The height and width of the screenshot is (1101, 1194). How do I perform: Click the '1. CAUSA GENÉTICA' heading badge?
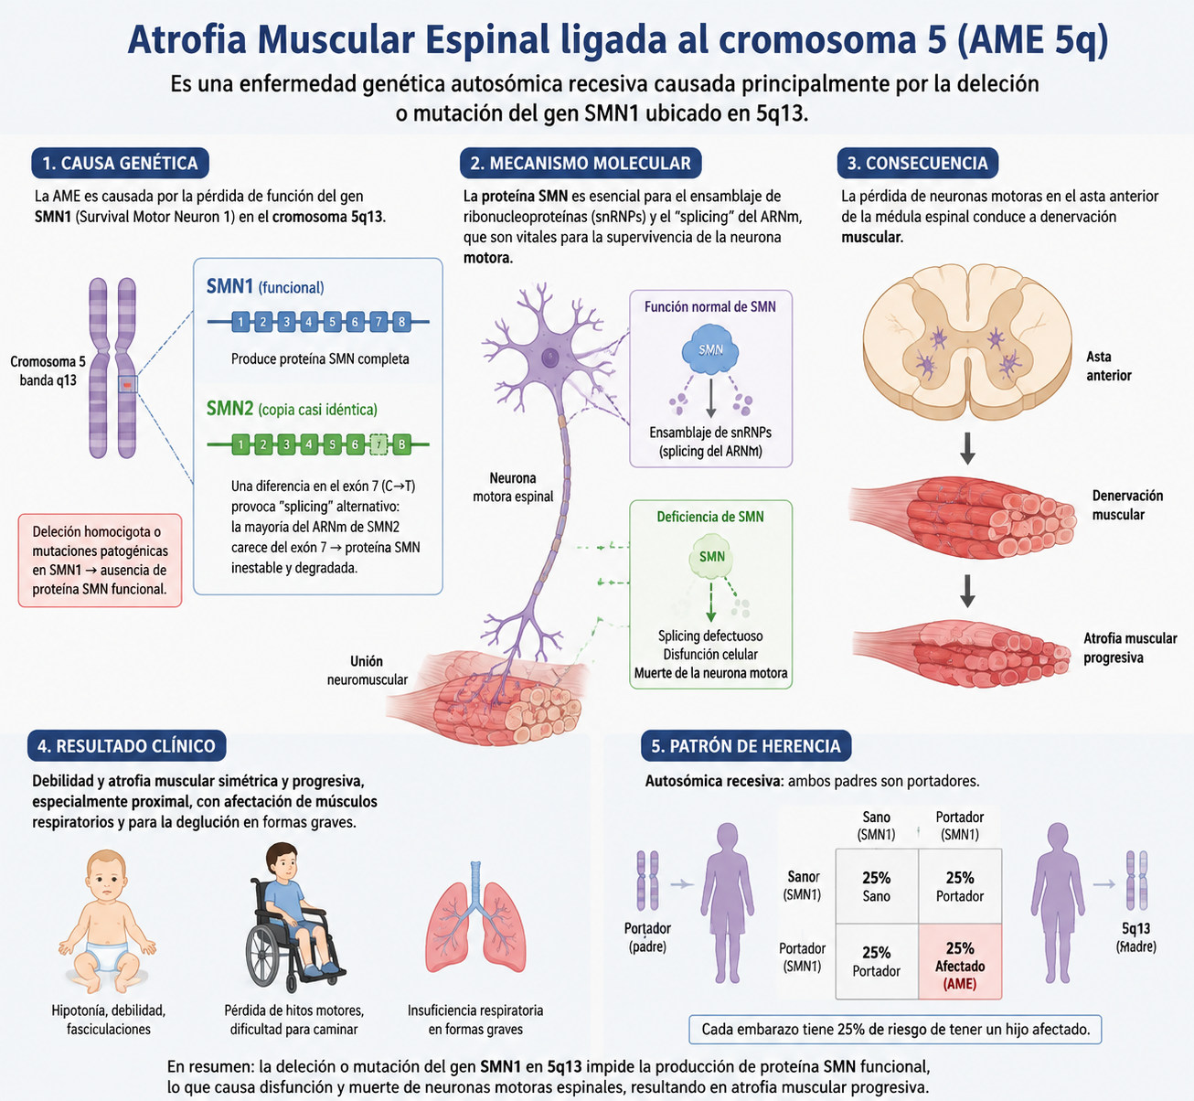click(121, 163)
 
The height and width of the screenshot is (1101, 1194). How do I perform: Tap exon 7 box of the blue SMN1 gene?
click(378, 322)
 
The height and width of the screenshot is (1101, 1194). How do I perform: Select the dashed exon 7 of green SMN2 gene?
click(378, 444)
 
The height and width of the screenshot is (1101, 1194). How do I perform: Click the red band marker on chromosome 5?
click(127, 384)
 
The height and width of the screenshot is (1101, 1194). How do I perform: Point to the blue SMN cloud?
click(710, 349)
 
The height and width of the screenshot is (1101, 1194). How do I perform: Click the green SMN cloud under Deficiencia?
click(712, 557)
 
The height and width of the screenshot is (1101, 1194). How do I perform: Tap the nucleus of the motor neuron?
click(549, 357)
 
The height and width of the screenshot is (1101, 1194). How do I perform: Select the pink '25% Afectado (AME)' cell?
click(960, 961)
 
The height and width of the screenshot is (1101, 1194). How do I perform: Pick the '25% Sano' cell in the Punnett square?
click(877, 886)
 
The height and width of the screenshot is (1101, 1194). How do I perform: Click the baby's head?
click(107, 876)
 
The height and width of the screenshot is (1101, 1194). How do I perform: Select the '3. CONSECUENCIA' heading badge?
click(918, 163)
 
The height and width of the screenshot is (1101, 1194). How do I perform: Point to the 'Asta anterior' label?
click(1108, 366)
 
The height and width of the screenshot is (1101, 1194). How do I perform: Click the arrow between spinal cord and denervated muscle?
click(967, 448)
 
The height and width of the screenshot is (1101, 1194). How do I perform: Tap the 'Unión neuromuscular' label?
click(368, 670)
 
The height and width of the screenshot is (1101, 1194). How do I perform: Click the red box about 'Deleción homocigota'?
click(100, 561)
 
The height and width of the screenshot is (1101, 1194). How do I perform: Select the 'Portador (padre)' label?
click(647, 937)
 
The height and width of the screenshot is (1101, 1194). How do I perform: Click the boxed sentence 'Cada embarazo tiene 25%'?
click(895, 1030)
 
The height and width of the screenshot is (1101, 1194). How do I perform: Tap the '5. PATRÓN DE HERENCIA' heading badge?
click(746, 746)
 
